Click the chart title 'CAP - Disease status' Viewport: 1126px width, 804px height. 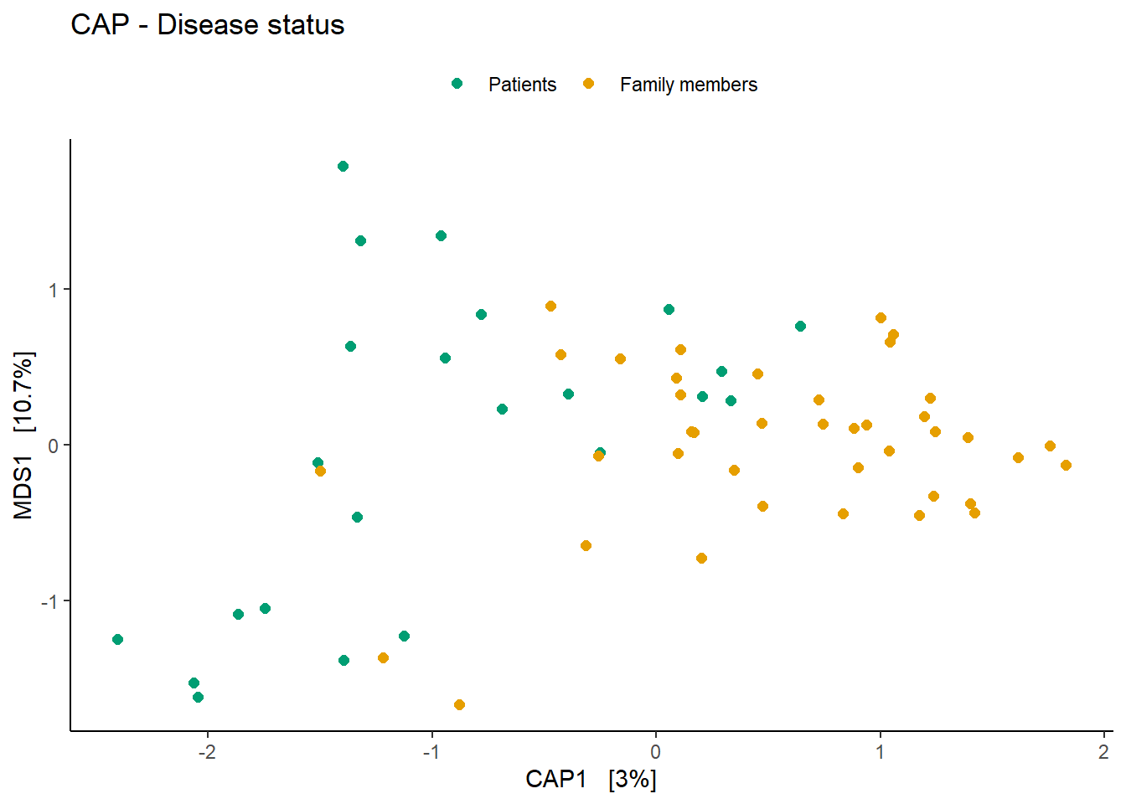(x=207, y=25)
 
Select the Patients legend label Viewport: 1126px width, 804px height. (x=522, y=85)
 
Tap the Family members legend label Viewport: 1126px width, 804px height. (x=688, y=85)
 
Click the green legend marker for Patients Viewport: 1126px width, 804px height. (x=457, y=84)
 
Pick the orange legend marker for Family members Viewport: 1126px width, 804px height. (x=588, y=84)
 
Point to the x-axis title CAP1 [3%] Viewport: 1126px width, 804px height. (x=591, y=779)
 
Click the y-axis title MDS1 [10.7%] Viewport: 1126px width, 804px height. (x=23, y=435)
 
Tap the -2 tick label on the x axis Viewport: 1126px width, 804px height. (x=206, y=751)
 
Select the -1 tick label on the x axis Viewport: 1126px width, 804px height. (x=431, y=751)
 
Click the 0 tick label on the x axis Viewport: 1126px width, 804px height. (x=656, y=751)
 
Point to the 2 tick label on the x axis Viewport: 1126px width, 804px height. (x=1104, y=751)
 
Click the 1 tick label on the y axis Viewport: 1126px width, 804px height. (x=54, y=290)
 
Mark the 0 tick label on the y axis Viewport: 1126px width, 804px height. (x=54, y=446)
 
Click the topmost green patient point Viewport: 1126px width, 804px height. (x=343, y=167)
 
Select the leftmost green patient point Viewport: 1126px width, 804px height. (x=117, y=640)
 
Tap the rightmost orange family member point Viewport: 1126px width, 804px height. (x=1066, y=466)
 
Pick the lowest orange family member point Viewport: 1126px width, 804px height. (x=459, y=705)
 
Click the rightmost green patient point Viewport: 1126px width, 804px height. (x=800, y=327)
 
